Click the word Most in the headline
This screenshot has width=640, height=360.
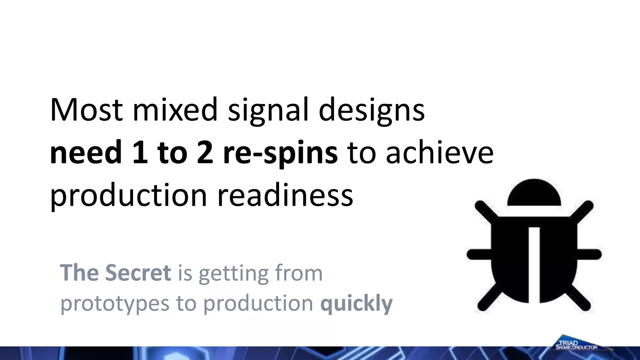[86, 110]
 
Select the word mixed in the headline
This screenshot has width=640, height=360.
[175, 110]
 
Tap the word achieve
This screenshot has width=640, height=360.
[440, 152]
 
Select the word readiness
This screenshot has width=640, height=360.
[285, 195]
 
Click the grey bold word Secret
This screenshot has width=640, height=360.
[138, 273]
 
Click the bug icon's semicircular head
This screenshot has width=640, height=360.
[534, 194]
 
